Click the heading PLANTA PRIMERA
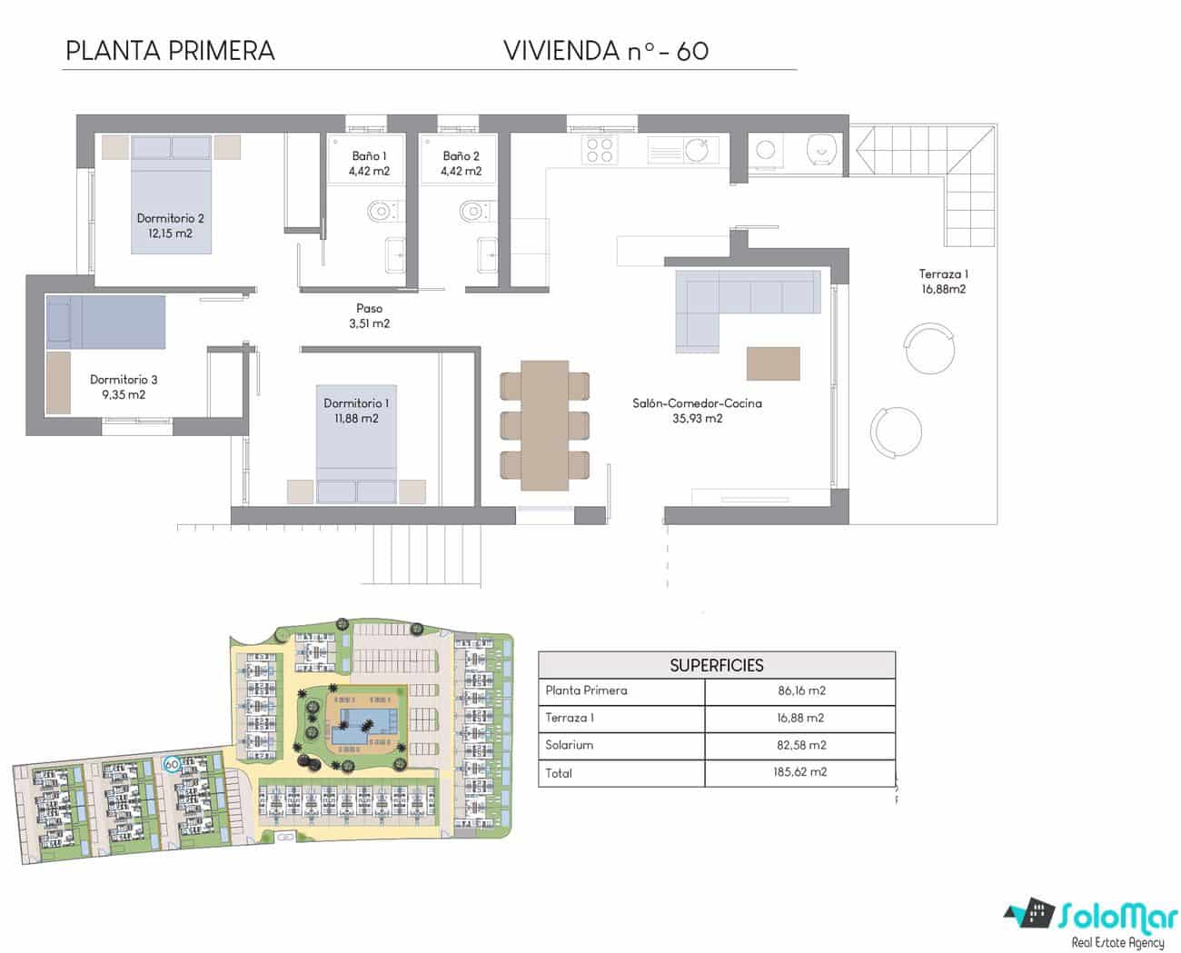point(170,51)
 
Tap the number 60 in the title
point(692,51)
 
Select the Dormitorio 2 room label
point(170,218)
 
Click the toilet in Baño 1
point(381,212)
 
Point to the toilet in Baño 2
point(472,212)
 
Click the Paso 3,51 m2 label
point(369,316)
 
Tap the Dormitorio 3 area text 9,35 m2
point(124,395)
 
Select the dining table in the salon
point(544,425)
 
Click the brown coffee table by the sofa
point(773,363)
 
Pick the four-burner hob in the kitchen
point(600,149)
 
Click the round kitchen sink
point(697,149)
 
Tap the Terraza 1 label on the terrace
point(942,273)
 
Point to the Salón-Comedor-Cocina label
point(697,403)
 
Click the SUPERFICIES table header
point(716,665)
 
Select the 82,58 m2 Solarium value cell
point(800,745)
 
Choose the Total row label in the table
point(559,773)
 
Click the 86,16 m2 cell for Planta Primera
point(801,690)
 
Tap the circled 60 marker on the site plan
point(171,765)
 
